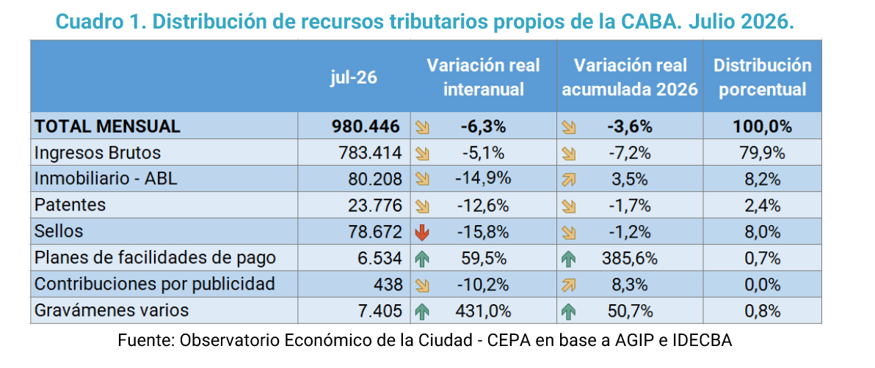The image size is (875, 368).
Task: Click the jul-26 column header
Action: point(352,77)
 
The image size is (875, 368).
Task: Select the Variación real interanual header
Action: point(483,77)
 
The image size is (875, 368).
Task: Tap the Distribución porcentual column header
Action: point(762,77)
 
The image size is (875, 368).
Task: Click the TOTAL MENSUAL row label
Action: point(107,127)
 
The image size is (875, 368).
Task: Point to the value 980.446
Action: point(366,127)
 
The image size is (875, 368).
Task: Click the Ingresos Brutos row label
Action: point(98,152)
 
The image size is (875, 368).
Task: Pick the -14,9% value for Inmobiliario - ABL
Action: point(483,179)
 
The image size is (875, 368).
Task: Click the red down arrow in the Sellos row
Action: point(422,232)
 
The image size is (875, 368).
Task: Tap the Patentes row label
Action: point(70,205)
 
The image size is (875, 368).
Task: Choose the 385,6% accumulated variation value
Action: point(630,258)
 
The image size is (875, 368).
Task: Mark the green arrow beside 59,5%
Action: point(422,259)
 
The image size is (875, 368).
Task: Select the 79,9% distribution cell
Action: point(762,152)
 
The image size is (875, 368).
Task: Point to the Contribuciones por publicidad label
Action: point(155,284)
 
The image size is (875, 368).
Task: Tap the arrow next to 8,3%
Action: point(569,285)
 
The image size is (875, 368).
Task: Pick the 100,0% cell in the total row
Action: point(762,127)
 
